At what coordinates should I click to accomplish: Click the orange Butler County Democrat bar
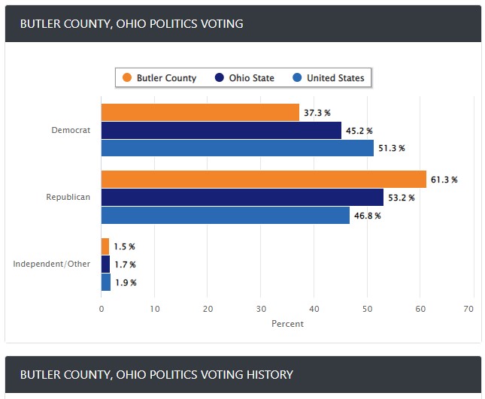tap(200, 113)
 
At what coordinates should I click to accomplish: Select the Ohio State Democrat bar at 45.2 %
tap(221, 131)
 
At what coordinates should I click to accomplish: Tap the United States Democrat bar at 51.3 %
tap(237, 148)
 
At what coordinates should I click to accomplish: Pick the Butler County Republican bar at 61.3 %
tap(263, 180)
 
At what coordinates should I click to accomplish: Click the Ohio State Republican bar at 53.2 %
tap(242, 198)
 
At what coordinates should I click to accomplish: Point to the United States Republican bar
tap(225, 216)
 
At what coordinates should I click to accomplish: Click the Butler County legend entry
tap(159, 78)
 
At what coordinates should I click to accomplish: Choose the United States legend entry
tap(328, 78)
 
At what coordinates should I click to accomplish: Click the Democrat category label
tap(71, 130)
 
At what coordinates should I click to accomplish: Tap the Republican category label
tap(68, 198)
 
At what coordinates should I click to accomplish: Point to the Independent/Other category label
tap(52, 264)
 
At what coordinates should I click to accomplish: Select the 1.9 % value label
tap(125, 283)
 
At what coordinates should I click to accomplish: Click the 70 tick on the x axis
tap(468, 308)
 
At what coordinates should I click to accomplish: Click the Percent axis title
tap(287, 324)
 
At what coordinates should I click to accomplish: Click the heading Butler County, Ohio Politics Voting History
tap(156, 374)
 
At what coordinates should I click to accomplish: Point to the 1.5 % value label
tap(124, 246)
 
